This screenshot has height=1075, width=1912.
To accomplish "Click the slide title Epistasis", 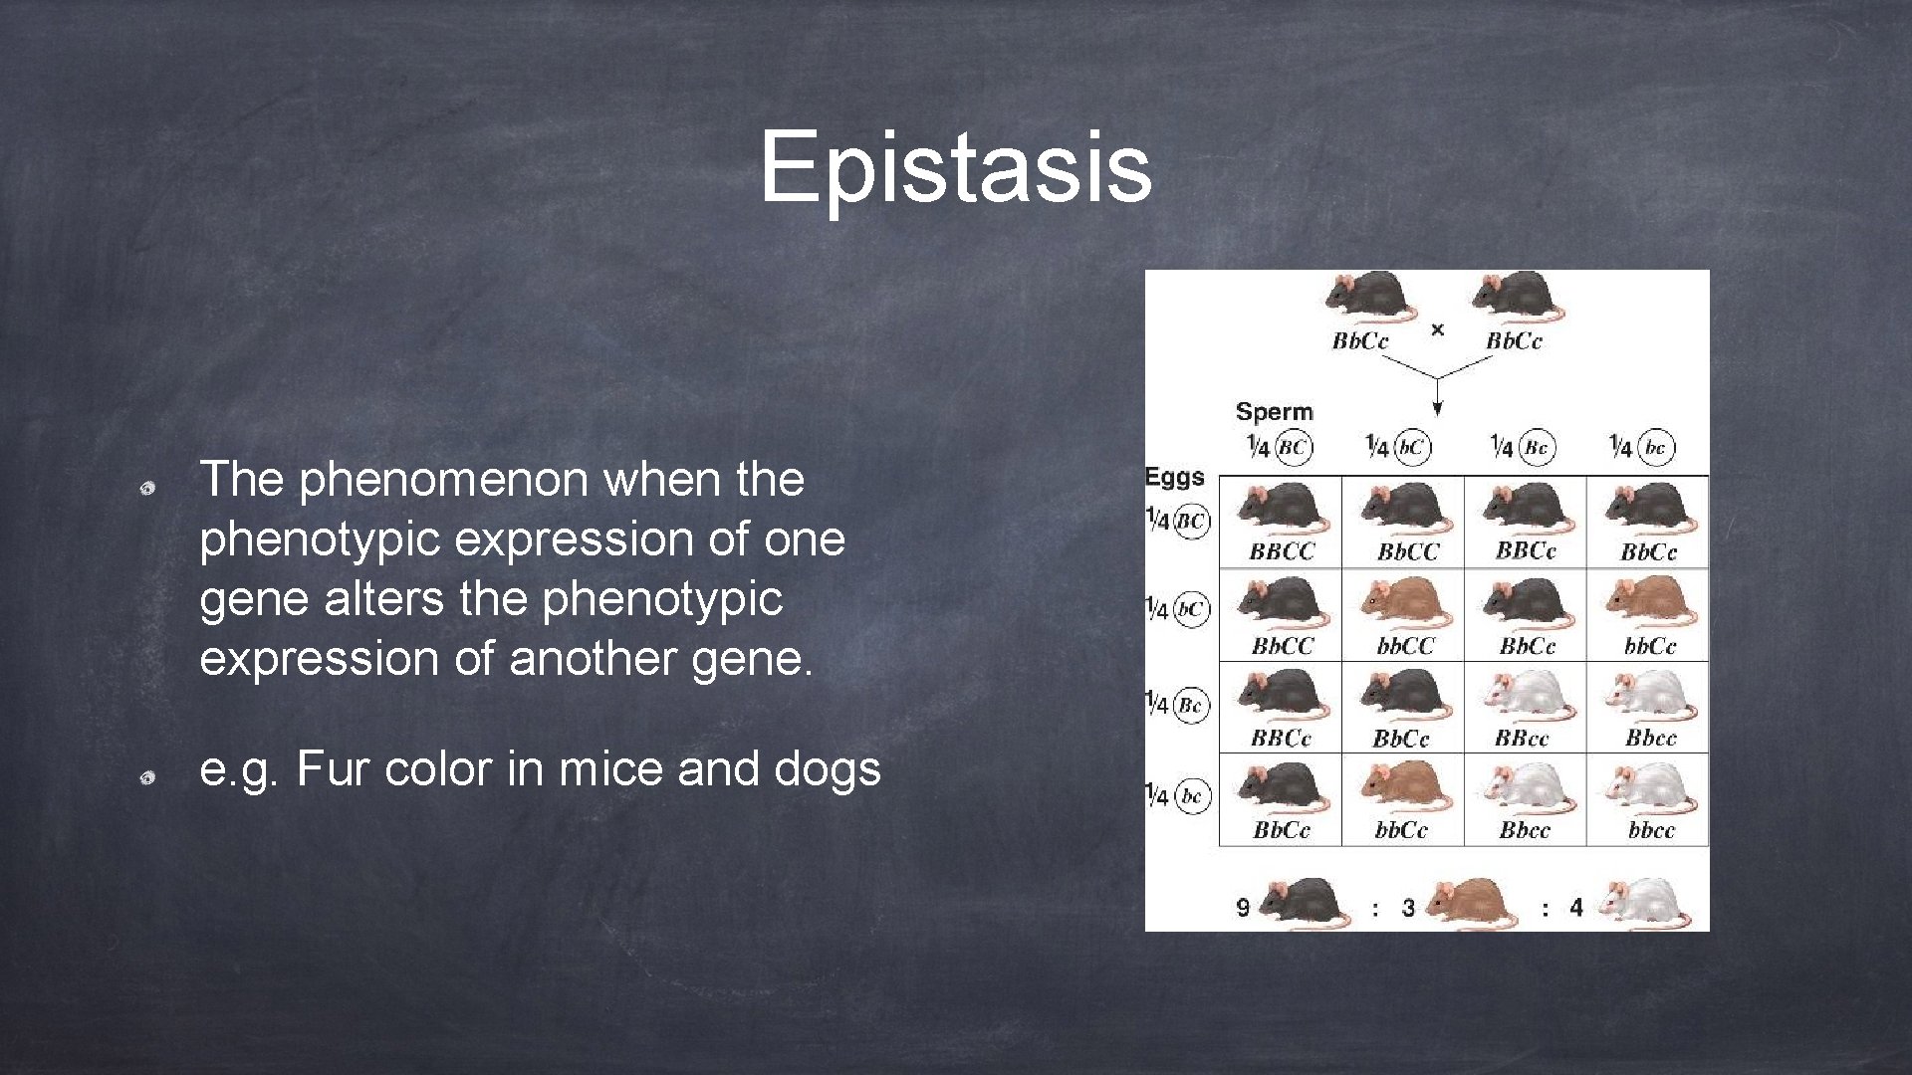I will [955, 166].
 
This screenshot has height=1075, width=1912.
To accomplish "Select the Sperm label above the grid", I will [1274, 412].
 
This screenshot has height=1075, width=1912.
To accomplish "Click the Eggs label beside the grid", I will [1174, 478].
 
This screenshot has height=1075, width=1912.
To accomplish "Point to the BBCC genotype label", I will [1282, 551].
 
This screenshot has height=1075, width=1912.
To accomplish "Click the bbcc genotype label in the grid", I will [1651, 830].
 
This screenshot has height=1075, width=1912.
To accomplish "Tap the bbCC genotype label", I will [1405, 647].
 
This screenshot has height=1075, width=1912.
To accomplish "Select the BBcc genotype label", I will [1522, 739].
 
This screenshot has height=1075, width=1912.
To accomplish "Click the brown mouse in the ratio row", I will [1471, 904].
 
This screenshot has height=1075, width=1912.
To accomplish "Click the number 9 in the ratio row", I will [1243, 908].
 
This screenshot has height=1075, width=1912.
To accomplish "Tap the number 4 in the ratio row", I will [1576, 908].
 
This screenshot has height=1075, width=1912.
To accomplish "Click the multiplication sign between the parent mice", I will [1437, 329].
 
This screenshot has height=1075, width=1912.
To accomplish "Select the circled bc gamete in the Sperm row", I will [1655, 448].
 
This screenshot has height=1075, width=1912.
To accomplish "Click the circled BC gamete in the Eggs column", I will [1191, 521].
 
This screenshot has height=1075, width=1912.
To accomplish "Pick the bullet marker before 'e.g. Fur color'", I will [145, 777].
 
